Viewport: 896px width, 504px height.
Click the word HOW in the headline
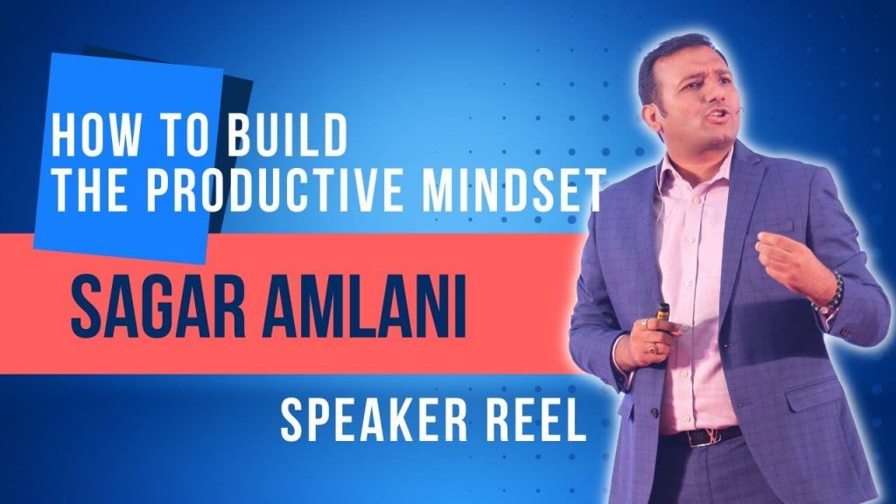(96, 135)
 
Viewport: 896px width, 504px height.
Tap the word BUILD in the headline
(286, 135)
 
